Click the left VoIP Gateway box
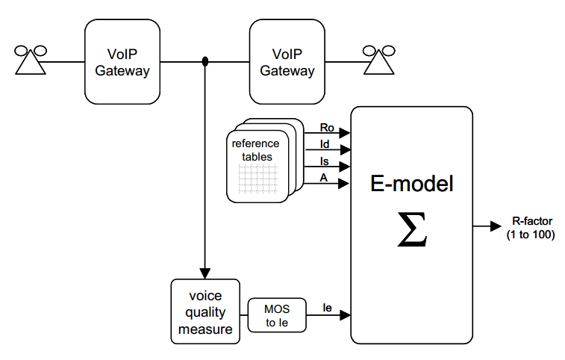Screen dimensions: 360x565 [122, 62]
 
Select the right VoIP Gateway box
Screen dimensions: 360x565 [287, 62]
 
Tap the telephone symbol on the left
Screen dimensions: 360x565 [31, 60]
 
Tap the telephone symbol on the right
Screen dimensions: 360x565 [379, 60]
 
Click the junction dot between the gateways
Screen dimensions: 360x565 [205, 62]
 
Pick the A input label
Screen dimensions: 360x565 [323, 177]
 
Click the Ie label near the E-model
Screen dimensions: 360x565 [327, 307]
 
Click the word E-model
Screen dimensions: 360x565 [411, 184]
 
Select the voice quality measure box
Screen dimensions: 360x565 [205, 311]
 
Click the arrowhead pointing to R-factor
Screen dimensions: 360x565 [496, 226]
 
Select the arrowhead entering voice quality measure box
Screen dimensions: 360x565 [205, 273]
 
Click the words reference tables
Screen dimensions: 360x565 [255, 150]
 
